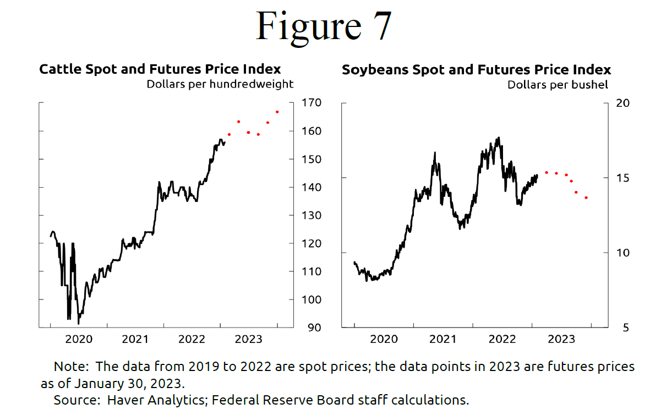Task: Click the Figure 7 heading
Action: click(x=324, y=26)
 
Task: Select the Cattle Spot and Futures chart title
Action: click(x=160, y=69)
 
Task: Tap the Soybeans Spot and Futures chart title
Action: click(x=476, y=70)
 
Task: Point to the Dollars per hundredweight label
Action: click(x=220, y=84)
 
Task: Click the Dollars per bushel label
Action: click(x=558, y=85)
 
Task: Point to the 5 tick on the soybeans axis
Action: click(x=619, y=328)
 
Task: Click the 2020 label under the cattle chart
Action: click(x=79, y=339)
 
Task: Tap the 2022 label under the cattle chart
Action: click(x=192, y=339)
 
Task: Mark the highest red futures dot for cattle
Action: click(x=277, y=112)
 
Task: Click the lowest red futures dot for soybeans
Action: click(x=586, y=198)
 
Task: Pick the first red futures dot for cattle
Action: click(x=229, y=134)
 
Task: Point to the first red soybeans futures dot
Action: click(x=547, y=172)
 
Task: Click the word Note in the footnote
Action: click(x=67, y=367)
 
